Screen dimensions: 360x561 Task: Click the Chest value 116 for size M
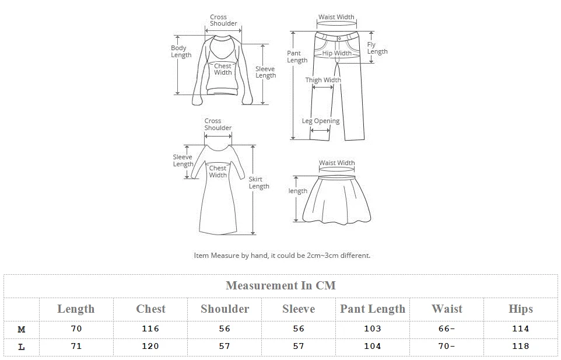(x=150, y=328)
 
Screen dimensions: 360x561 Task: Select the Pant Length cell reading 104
(x=373, y=346)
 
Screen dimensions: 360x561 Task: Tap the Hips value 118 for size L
(x=520, y=346)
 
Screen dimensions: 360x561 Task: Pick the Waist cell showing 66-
(x=447, y=328)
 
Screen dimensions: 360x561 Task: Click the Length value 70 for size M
(x=76, y=328)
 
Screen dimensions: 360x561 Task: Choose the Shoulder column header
(x=225, y=309)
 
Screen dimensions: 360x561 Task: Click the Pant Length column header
(x=373, y=309)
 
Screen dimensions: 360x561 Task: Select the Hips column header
(x=520, y=309)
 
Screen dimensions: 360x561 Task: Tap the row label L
(x=22, y=347)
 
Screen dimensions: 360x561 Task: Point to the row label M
(x=22, y=329)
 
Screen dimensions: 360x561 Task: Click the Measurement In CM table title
(x=280, y=286)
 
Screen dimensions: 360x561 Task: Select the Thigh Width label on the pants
(x=323, y=80)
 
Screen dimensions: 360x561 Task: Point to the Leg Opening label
(x=321, y=121)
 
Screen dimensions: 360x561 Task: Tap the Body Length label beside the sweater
(x=181, y=51)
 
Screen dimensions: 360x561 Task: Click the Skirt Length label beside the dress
(x=259, y=183)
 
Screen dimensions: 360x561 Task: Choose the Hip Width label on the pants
(x=337, y=53)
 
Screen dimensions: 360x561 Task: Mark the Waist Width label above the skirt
(x=336, y=163)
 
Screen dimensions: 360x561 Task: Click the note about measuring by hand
(x=282, y=255)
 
